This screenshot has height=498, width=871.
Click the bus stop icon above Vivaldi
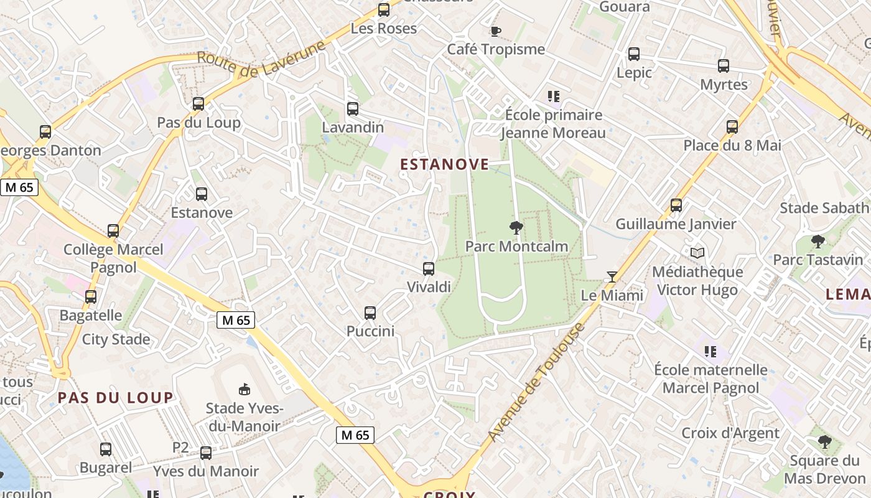tap(428, 269)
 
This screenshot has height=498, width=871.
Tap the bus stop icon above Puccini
tap(370, 313)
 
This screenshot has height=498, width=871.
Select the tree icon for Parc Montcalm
tap(516, 227)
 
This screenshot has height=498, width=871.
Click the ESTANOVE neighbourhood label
tap(444, 164)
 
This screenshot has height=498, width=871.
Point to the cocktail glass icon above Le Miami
tap(612, 277)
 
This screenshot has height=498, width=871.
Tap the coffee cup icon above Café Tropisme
tap(495, 31)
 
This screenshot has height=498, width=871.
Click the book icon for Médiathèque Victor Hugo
tap(697, 253)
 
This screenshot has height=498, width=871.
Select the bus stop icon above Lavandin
tap(353, 109)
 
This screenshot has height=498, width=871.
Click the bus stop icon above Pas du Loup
tap(198, 104)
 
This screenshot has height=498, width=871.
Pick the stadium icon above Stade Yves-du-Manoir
tap(245, 390)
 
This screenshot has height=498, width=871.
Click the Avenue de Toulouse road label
tap(536, 383)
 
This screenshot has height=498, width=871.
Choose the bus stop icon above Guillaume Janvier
tap(676, 205)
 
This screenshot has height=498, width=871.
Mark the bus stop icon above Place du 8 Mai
tap(732, 127)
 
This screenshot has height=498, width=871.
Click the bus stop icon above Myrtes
tap(724, 66)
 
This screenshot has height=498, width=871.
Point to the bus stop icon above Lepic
tap(634, 54)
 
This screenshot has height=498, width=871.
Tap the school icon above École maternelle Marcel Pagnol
tap(710, 352)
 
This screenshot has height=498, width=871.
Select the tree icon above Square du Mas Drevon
tap(825, 442)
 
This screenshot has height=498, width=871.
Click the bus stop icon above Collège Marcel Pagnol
tap(113, 231)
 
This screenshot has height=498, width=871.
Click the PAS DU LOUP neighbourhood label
tap(116, 398)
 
